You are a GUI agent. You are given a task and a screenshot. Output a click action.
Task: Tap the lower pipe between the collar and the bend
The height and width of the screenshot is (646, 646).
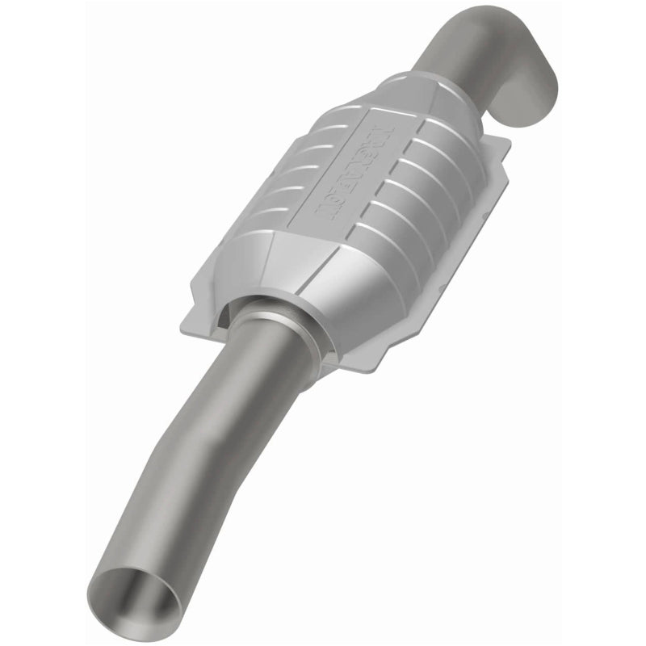242,380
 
